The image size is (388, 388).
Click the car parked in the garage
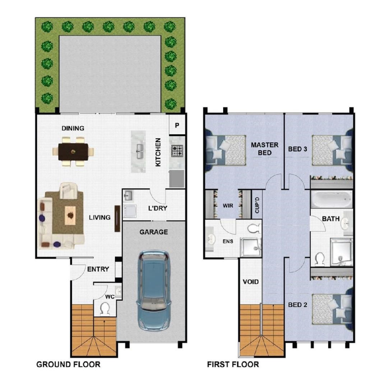153,291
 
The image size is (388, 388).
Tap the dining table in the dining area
73,152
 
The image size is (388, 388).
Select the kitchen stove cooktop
177,151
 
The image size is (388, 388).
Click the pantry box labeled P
177,125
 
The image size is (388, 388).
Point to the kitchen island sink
139,151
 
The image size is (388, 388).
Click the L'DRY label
158,208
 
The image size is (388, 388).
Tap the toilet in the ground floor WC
105,309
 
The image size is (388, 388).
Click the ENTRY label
98,269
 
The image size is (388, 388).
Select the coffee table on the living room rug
70,216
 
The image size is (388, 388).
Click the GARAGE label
154,232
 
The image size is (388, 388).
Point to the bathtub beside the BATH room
331,199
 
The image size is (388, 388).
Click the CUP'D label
257,205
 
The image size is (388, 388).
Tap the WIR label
228,205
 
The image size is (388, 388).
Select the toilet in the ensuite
254,228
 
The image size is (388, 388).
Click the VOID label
251,282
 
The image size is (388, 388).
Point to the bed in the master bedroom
226,150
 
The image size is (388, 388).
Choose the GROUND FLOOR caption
68,364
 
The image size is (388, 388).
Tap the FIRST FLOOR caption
233,364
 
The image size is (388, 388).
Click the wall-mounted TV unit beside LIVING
117,219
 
